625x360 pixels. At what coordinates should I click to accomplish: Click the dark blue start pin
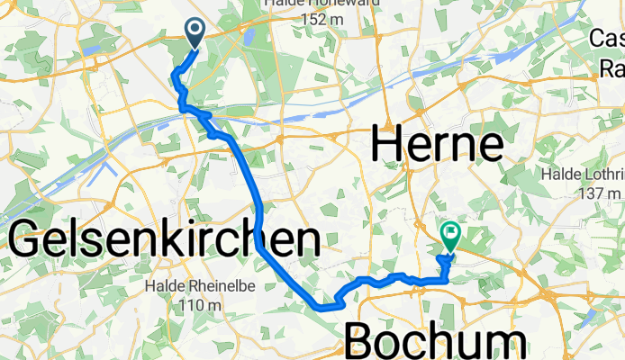click(195, 32)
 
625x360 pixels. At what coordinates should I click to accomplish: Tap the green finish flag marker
click(449, 237)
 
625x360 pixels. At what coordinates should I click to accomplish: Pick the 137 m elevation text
click(602, 193)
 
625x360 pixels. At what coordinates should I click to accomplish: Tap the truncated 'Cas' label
click(608, 39)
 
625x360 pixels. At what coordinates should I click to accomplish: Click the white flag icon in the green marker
click(449, 234)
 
